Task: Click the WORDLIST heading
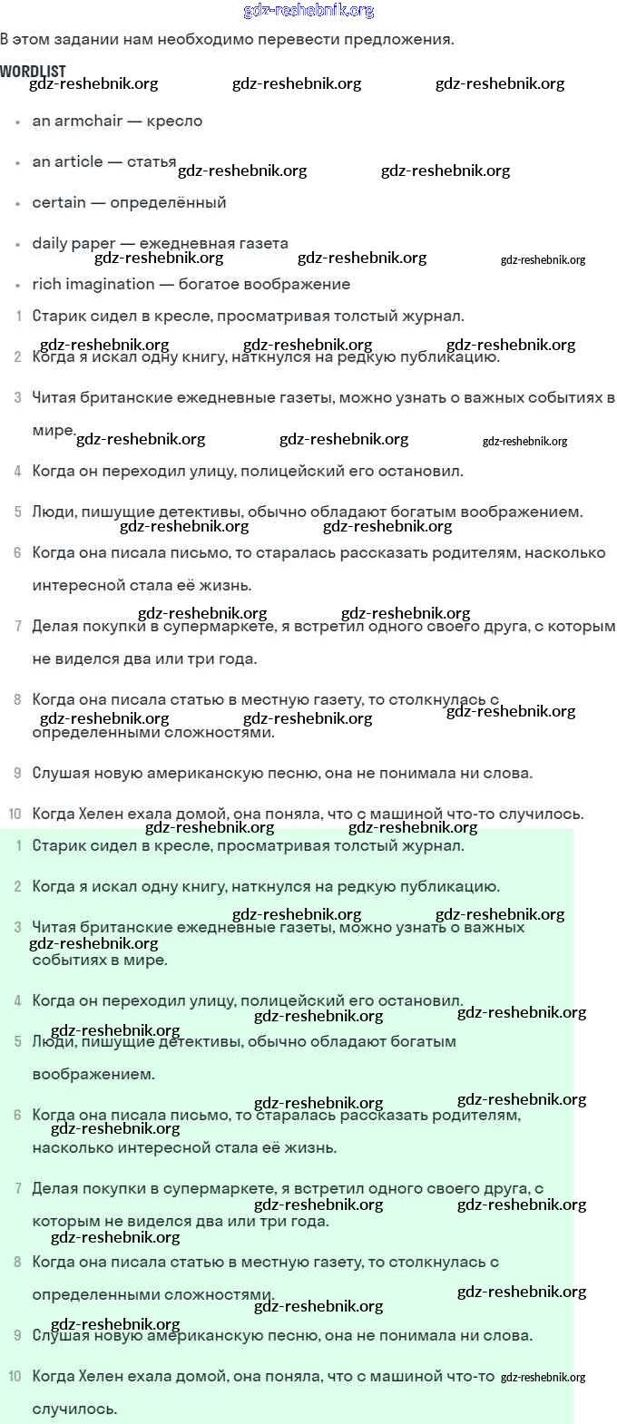pos(33,71)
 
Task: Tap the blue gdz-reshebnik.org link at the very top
pos(308,11)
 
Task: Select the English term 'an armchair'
pos(77,121)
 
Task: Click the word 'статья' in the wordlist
pos(152,161)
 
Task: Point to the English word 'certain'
pos(59,202)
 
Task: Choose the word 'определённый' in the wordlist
pos(168,202)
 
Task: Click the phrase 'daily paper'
pos(73,243)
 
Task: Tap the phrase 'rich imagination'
pos(93,284)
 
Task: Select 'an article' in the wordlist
pos(67,161)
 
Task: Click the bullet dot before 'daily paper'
pos(18,245)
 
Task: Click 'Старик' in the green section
pos(59,845)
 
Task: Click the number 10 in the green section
pos(15,1376)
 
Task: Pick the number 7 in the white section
pos(18,626)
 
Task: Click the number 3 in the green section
pos(18,927)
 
